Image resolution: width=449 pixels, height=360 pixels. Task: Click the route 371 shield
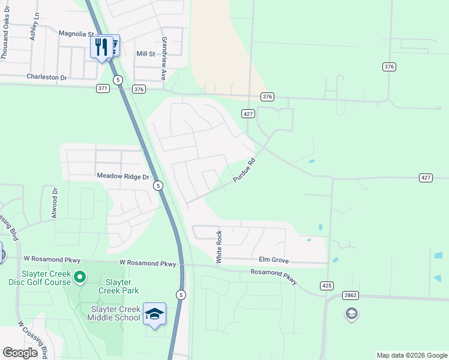point(103,88)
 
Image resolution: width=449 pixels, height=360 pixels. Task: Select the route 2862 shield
point(351,295)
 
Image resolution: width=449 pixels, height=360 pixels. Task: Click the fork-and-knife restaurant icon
point(101,47)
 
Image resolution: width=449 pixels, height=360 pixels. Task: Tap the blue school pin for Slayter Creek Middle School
point(154,314)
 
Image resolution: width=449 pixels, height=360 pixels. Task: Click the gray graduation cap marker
point(351,313)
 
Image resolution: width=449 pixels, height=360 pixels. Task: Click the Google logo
point(20,353)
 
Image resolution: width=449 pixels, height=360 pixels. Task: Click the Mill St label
point(146,54)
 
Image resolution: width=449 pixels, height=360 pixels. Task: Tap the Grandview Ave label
point(163,59)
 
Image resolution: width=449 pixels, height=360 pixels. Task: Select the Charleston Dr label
point(46,77)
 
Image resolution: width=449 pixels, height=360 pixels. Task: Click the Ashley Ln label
point(34,28)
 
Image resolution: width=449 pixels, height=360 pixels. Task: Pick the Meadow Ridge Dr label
point(122,177)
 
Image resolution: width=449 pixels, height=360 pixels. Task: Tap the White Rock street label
point(219,247)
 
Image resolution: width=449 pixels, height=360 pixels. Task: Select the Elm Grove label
point(274,261)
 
